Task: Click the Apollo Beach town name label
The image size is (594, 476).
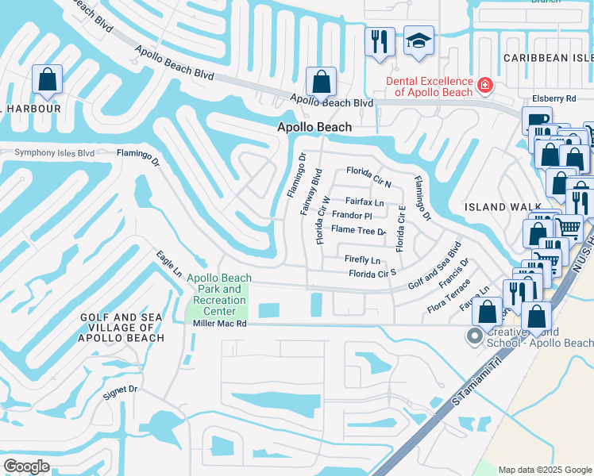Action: [x=314, y=128]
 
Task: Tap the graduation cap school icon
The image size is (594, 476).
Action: [x=419, y=42]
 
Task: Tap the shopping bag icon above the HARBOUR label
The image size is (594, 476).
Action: [x=48, y=80]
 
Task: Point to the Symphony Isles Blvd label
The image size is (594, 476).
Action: [x=55, y=152]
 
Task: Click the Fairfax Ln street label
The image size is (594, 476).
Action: [x=364, y=202]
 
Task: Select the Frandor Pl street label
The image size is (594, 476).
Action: [x=352, y=216]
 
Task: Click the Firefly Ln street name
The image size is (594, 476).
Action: [x=362, y=260]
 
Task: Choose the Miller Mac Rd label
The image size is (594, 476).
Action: [x=220, y=324]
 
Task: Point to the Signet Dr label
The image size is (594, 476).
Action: [x=121, y=390]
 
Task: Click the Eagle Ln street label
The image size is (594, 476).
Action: [x=169, y=264]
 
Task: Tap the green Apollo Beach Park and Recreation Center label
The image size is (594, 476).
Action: [x=218, y=294]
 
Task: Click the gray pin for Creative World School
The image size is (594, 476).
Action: [x=475, y=336]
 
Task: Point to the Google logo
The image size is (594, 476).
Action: [x=26, y=466]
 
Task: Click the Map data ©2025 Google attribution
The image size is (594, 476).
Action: [x=544, y=470]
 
